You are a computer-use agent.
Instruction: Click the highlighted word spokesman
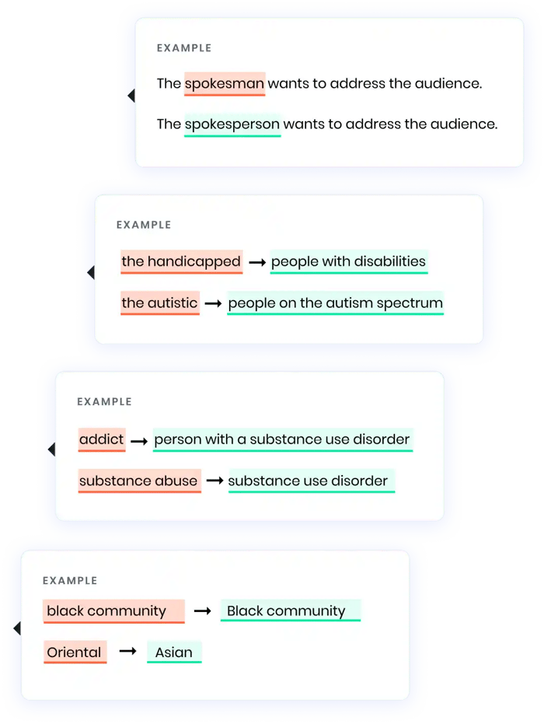pyautogui.click(x=225, y=83)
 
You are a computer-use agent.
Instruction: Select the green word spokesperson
pyautogui.click(x=232, y=124)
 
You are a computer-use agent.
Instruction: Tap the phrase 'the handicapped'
pyautogui.click(x=181, y=261)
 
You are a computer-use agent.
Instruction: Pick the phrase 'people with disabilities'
pyautogui.click(x=348, y=261)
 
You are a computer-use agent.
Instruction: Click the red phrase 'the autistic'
pyautogui.click(x=159, y=303)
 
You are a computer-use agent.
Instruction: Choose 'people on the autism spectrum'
pyautogui.click(x=335, y=303)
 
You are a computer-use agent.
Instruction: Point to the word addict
pyautogui.click(x=101, y=439)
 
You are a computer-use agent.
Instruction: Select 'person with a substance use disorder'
pyautogui.click(x=282, y=439)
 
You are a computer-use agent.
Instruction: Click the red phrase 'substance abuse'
pyautogui.click(x=138, y=481)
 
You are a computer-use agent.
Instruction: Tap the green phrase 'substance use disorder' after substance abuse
pyautogui.click(x=308, y=481)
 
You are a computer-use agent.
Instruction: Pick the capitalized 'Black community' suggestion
pyautogui.click(x=286, y=610)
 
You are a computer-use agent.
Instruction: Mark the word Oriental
pyautogui.click(x=74, y=652)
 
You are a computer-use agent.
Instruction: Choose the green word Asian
pyautogui.click(x=174, y=652)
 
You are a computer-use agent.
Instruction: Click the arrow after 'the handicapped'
pyautogui.click(x=256, y=263)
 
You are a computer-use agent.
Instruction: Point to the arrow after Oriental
pyautogui.click(x=127, y=652)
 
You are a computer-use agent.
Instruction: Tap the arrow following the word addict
pyautogui.click(x=139, y=441)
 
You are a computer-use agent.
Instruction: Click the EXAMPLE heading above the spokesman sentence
pyautogui.click(x=183, y=48)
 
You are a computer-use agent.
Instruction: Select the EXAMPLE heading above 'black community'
pyautogui.click(x=70, y=580)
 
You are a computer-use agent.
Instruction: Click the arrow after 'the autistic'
pyautogui.click(x=213, y=303)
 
